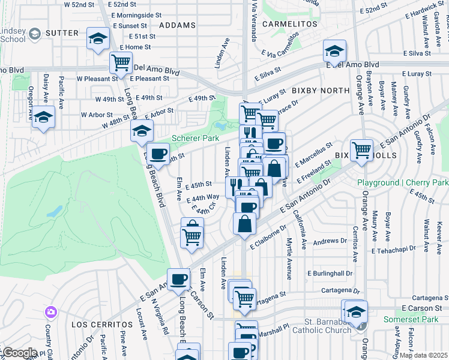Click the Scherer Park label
point(195,138)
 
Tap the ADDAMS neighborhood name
point(178,25)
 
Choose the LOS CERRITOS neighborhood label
point(93,324)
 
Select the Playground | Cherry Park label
point(403,182)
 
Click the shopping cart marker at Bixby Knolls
point(361,150)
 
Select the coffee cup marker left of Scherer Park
point(158,154)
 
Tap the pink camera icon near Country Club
point(50,312)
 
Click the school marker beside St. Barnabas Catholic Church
point(356,311)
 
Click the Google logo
point(19,353)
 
